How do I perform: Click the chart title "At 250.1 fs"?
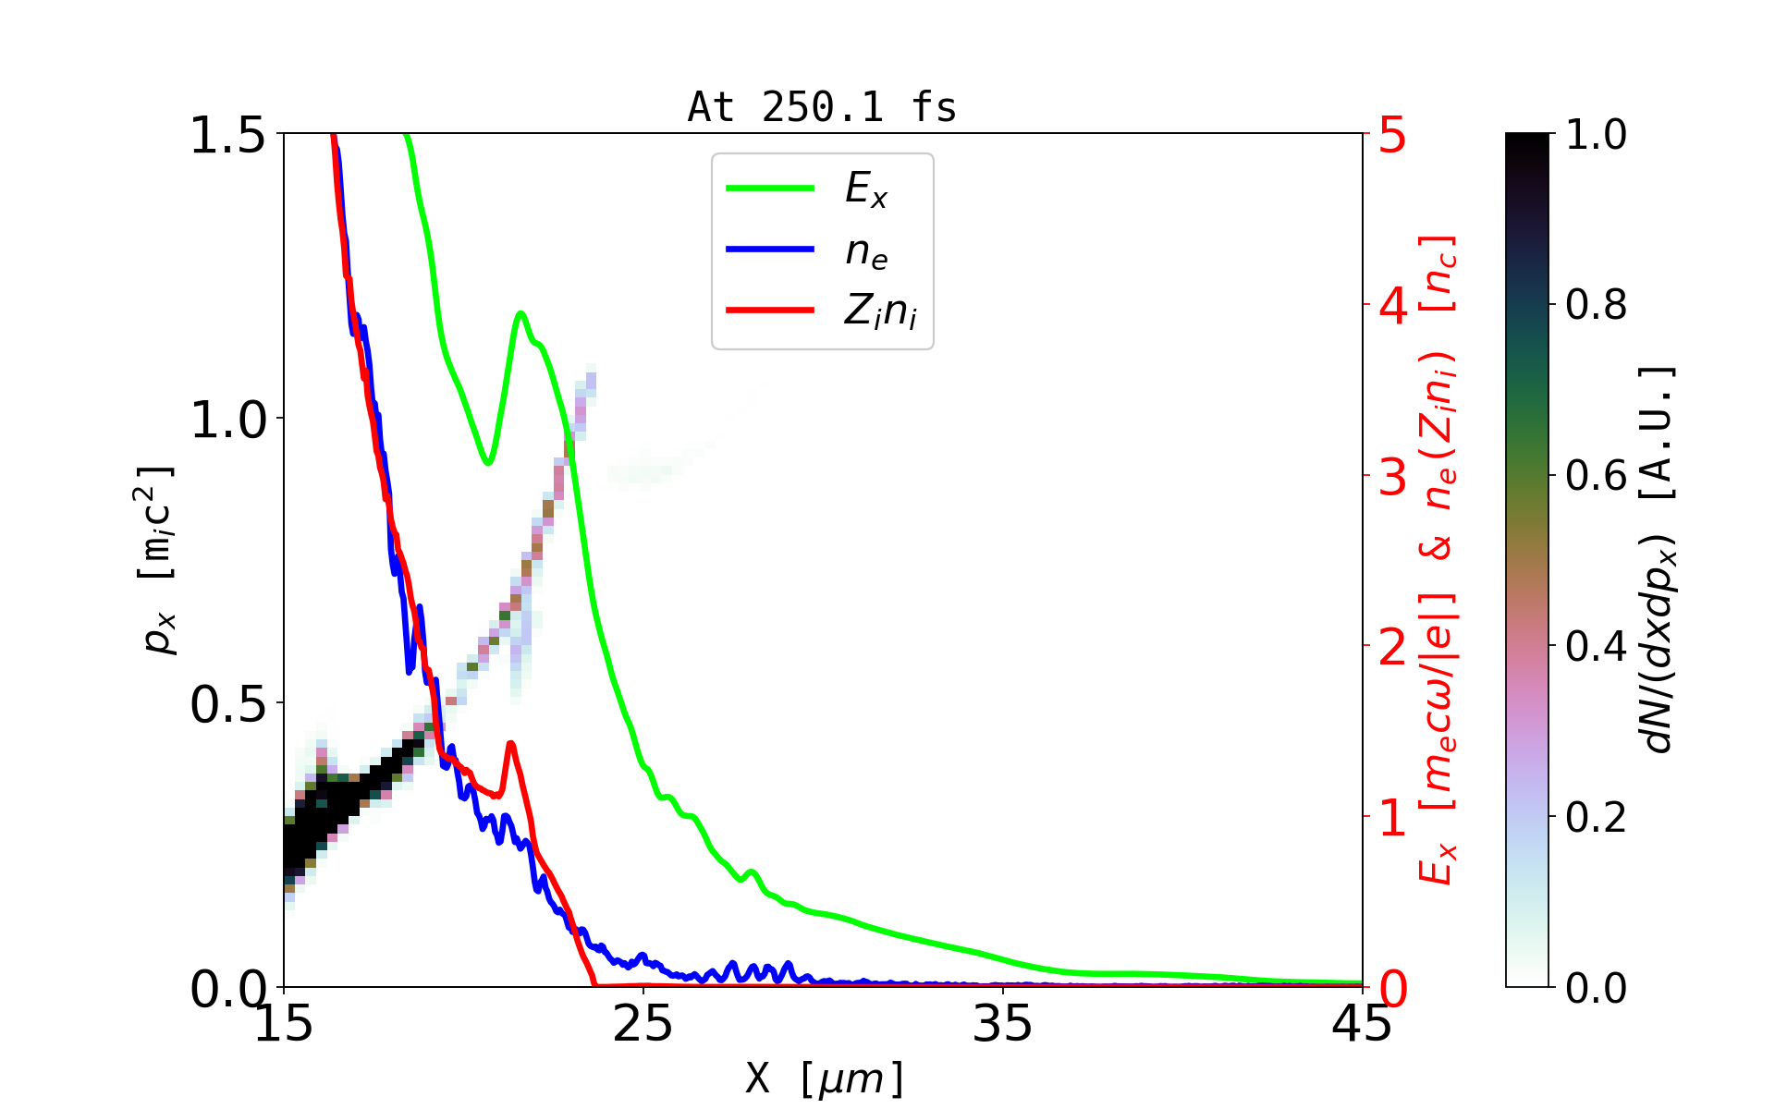(x=822, y=107)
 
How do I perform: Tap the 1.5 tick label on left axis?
(x=227, y=135)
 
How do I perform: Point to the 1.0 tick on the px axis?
(x=227, y=420)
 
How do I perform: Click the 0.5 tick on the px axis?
(x=227, y=704)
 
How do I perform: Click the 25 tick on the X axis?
(x=643, y=1024)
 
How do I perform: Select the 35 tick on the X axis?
(x=1003, y=1024)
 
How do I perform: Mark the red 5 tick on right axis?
(x=1393, y=135)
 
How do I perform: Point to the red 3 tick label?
(x=1393, y=476)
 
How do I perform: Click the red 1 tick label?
(x=1393, y=817)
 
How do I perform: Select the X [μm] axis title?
(x=824, y=1078)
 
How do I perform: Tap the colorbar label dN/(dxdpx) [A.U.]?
(x=1659, y=560)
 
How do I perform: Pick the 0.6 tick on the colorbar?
(x=1596, y=476)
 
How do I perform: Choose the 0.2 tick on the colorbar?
(x=1596, y=817)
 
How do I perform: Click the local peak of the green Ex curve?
(x=521, y=313)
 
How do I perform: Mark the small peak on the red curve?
(x=510, y=743)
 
